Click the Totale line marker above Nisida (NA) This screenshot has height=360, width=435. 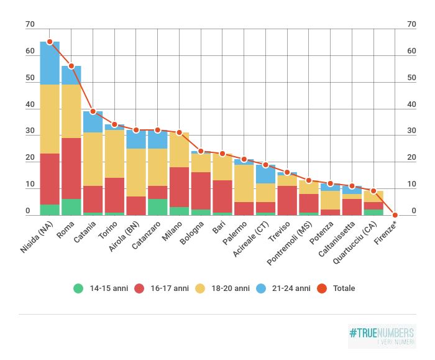50,42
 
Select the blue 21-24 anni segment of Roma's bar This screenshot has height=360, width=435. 71,75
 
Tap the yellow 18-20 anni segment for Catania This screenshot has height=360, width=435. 93,159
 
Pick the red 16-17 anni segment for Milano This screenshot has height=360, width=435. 179,187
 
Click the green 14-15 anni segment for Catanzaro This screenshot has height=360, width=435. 157,207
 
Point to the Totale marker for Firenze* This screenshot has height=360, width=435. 395,215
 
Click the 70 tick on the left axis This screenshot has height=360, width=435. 30,24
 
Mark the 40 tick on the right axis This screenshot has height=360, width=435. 411,104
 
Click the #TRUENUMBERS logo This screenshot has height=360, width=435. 382,335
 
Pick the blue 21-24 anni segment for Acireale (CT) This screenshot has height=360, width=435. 265,174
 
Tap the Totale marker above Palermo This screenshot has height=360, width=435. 244,160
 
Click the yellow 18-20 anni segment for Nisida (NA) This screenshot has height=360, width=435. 50,119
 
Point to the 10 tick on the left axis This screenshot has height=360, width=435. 30,185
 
